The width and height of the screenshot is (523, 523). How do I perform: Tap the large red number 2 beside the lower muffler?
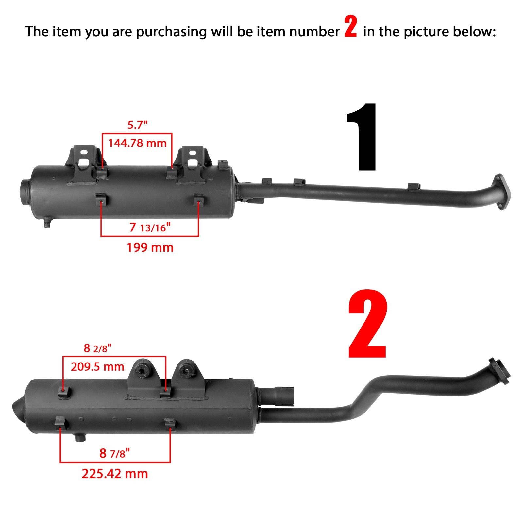[x=368, y=324]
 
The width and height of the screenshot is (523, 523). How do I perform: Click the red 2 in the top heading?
[x=350, y=28]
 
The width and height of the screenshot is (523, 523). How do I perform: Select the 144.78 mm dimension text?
[x=137, y=143]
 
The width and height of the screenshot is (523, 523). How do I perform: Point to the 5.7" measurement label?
[x=137, y=125]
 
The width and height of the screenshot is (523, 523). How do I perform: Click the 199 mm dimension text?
[x=150, y=247]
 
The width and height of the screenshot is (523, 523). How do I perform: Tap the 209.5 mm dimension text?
[x=97, y=367]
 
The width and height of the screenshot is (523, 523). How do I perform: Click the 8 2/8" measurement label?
[x=97, y=348]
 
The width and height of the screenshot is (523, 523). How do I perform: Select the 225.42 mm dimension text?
[x=115, y=474]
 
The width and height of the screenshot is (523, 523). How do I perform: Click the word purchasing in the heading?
[x=171, y=32]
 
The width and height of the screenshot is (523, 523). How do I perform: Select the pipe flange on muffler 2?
[x=499, y=371]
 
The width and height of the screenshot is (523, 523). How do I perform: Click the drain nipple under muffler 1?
[x=47, y=223]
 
